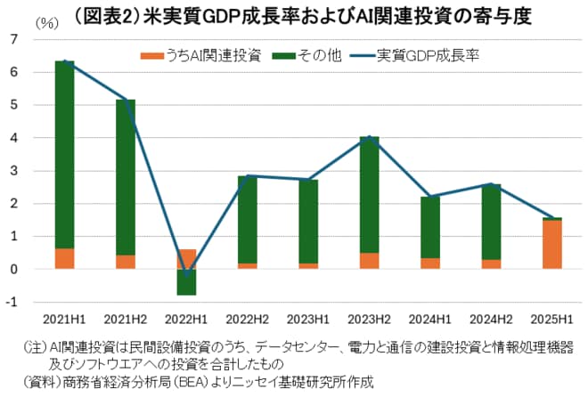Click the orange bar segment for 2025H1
point(551,244)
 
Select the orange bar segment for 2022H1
point(186,259)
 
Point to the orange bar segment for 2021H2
point(125,262)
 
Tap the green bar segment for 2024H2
point(491,222)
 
